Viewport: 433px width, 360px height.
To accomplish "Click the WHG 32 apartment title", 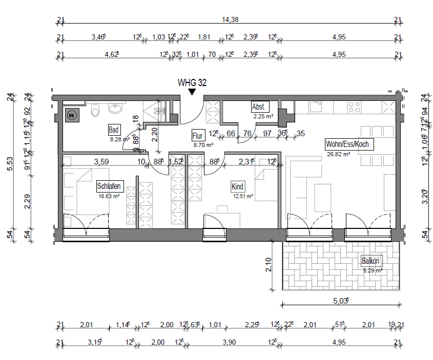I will (x=192, y=82).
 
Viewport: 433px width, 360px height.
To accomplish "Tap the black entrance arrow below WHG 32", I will (x=192, y=92).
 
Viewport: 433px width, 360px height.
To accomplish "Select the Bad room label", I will (x=114, y=130).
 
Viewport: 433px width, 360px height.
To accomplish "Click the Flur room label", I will (x=198, y=136).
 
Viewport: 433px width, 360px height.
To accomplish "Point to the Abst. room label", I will (x=259, y=107).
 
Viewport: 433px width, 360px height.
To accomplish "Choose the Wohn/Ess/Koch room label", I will (x=347, y=144).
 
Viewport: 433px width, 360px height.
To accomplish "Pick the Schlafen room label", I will (x=109, y=186).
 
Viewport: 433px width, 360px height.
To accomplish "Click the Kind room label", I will (x=237, y=187).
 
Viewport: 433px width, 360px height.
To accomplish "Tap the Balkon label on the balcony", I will (x=371, y=260).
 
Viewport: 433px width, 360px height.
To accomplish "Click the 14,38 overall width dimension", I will (x=230, y=20).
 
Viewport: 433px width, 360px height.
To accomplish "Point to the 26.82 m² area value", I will (x=339, y=154).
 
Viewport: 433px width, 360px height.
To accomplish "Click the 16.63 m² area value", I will (x=108, y=196).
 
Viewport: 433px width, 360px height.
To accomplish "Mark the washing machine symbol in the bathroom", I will (x=71, y=115).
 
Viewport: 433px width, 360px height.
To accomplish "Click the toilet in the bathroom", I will (x=95, y=110).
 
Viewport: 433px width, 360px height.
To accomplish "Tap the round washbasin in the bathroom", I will (x=116, y=108).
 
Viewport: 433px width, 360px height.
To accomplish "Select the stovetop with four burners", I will (x=354, y=107).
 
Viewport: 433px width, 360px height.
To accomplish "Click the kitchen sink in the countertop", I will (x=316, y=107).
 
